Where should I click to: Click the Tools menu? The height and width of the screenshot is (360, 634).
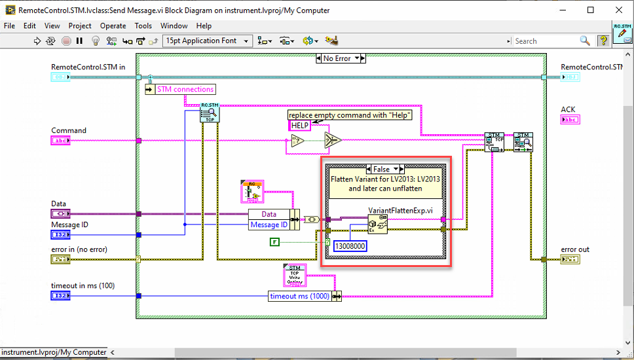click(x=143, y=26)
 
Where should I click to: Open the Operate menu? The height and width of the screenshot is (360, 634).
click(x=113, y=26)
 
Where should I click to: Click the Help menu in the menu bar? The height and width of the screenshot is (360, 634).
click(x=204, y=26)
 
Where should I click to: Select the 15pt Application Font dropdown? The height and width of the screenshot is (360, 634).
click(x=208, y=41)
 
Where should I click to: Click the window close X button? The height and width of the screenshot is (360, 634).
click(x=617, y=10)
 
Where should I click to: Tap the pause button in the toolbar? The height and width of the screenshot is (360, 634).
click(x=79, y=41)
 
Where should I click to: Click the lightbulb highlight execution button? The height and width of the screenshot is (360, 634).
click(x=95, y=41)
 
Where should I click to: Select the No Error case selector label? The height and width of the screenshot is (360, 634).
click(x=337, y=58)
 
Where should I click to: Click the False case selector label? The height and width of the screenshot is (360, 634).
click(x=381, y=169)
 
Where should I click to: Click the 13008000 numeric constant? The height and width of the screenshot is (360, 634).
click(x=350, y=245)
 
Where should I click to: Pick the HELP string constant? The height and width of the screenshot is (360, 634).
click(x=300, y=126)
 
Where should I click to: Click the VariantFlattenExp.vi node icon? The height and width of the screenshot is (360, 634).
click(x=379, y=225)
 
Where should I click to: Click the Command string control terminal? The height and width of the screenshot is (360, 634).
click(x=60, y=141)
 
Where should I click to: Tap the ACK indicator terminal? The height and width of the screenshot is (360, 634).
click(x=570, y=120)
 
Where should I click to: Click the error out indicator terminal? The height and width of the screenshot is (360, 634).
click(x=570, y=260)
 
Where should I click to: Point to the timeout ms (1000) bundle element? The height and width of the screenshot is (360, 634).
click(x=301, y=297)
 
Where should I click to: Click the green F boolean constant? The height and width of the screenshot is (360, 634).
click(x=275, y=243)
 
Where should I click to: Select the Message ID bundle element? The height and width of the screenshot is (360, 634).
click(x=269, y=225)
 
